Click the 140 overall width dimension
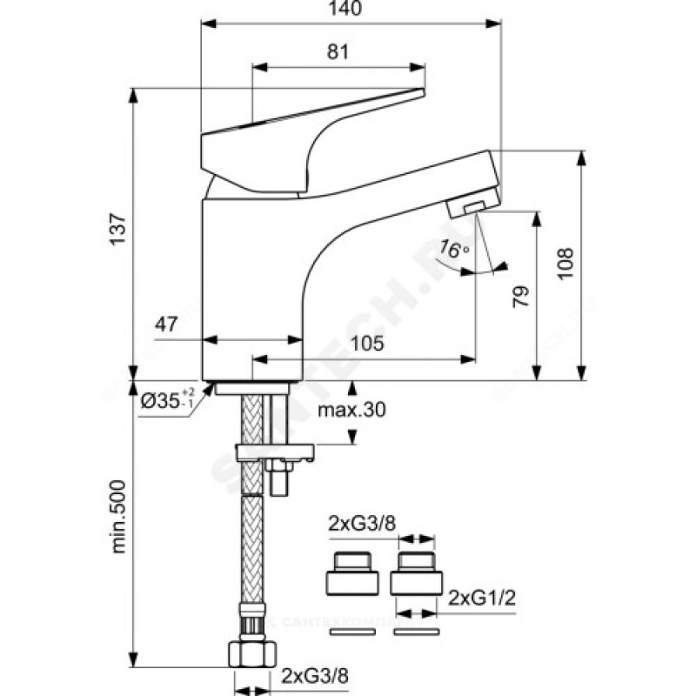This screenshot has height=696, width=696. [350, 10]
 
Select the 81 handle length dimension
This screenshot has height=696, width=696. [338, 52]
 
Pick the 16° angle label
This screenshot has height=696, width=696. [453, 249]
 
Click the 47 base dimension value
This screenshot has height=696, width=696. [167, 325]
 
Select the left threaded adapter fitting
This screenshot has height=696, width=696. [351, 572]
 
